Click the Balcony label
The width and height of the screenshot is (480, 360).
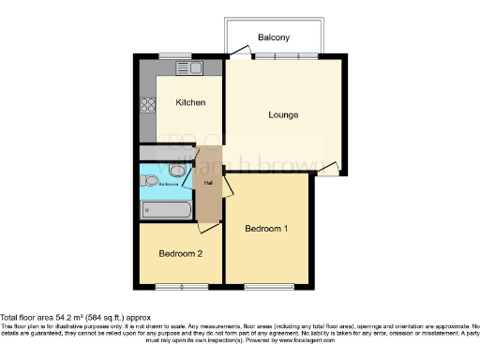click(x=275, y=38)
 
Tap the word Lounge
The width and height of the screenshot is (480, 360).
click(x=283, y=115)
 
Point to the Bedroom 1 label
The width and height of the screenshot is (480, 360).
click(x=266, y=229)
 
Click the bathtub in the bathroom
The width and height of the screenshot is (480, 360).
click(x=165, y=209)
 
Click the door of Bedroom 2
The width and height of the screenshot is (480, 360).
click(x=207, y=227)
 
